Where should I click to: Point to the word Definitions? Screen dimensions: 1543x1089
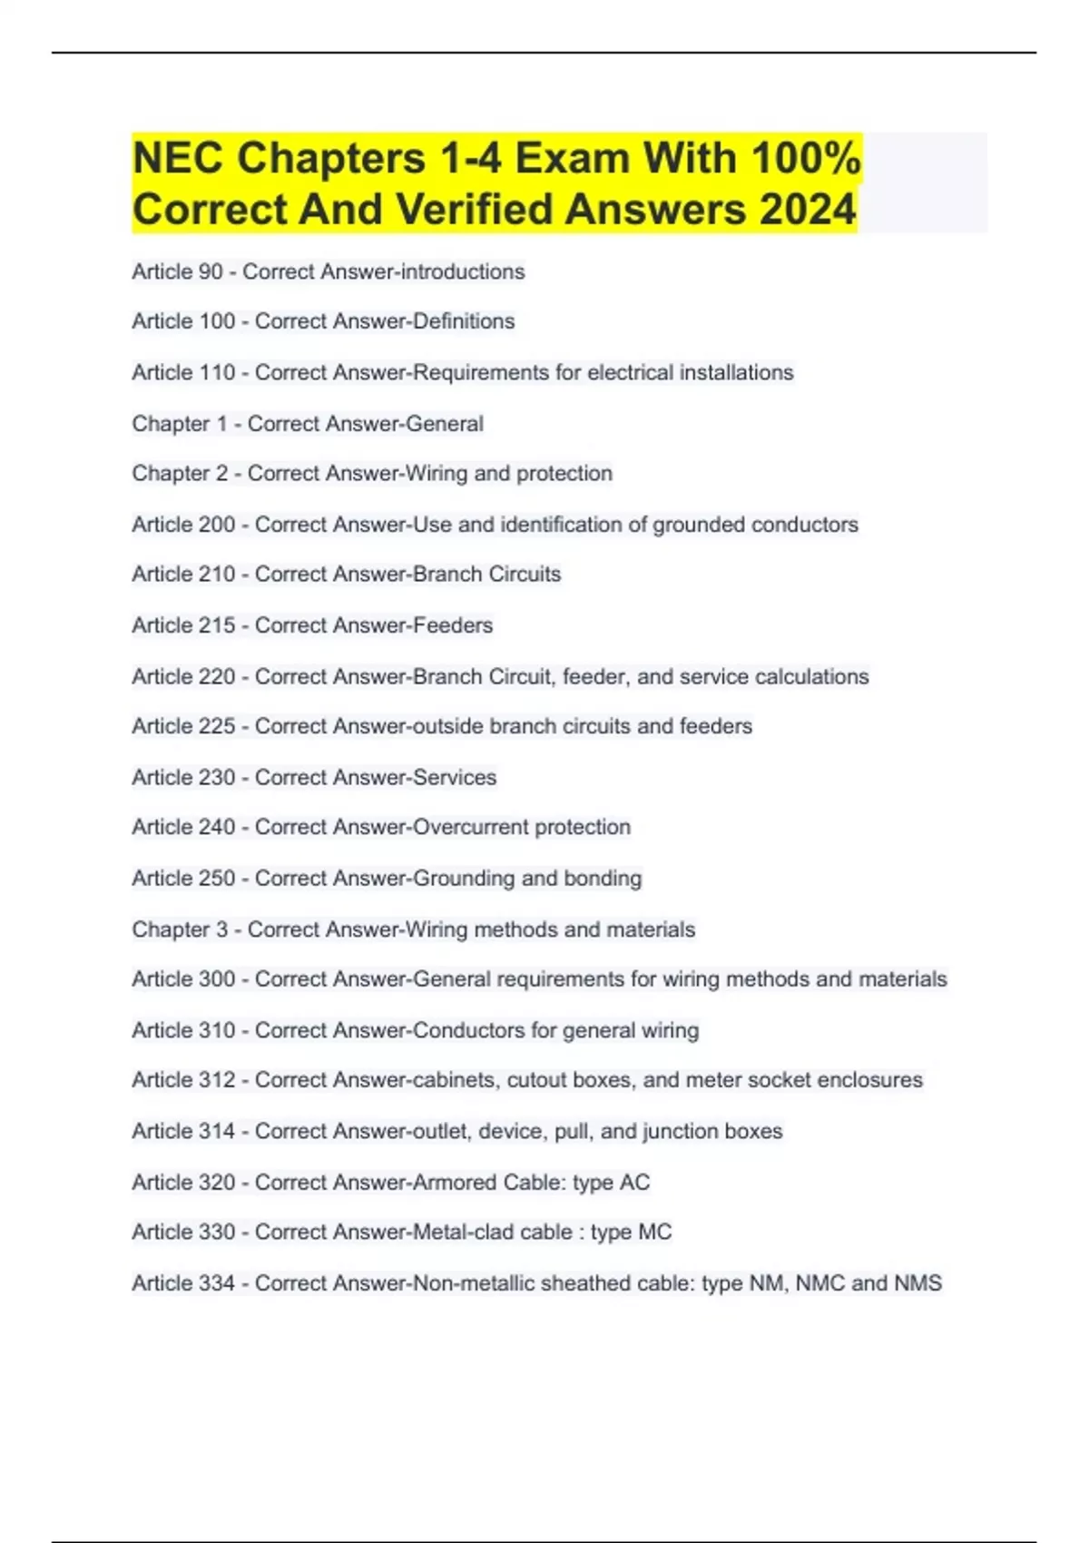click(x=464, y=321)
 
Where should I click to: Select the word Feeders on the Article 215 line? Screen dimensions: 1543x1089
click(x=453, y=625)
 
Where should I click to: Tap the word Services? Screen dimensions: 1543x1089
click(x=455, y=778)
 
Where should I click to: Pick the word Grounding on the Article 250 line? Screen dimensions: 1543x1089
click(x=464, y=879)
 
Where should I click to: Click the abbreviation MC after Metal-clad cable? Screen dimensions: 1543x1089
click(x=654, y=1232)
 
